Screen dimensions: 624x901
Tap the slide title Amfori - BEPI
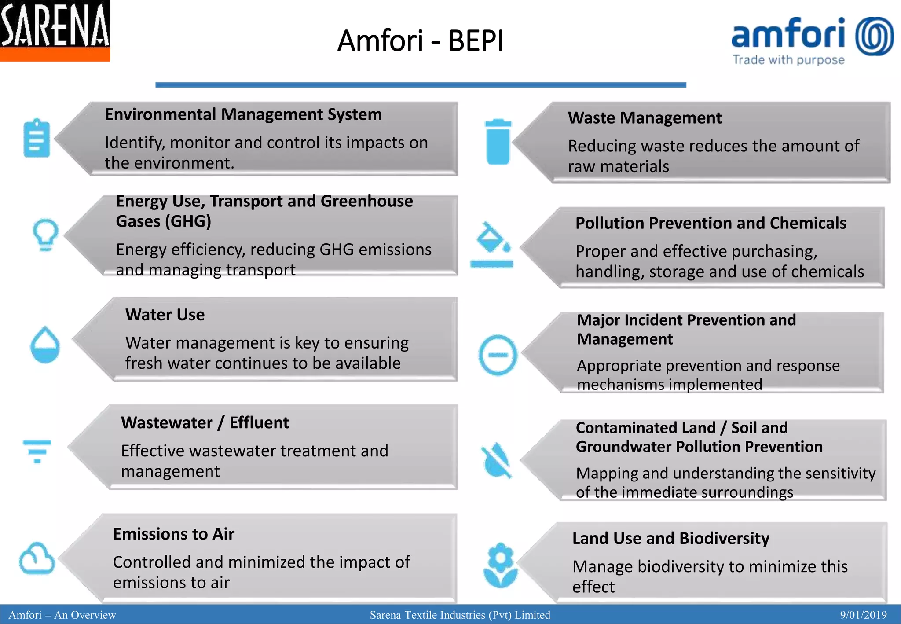point(420,40)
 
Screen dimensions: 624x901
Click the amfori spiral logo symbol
point(874,36)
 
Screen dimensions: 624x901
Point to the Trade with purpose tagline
point(788,60)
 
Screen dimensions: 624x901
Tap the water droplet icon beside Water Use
point(45,345)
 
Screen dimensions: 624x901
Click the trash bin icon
point(498,141)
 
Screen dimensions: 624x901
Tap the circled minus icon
point(498,355)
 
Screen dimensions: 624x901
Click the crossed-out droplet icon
point(496,460)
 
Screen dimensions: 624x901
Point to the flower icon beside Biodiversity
point(500,565)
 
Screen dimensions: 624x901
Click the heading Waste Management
point(645,118)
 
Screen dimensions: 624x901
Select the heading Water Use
point(165,315)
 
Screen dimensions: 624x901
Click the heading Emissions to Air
point(173,534)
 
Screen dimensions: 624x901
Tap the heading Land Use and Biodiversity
point(670,538)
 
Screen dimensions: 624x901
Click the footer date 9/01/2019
point(863,615)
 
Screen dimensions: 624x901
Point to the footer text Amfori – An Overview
point(62,615)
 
